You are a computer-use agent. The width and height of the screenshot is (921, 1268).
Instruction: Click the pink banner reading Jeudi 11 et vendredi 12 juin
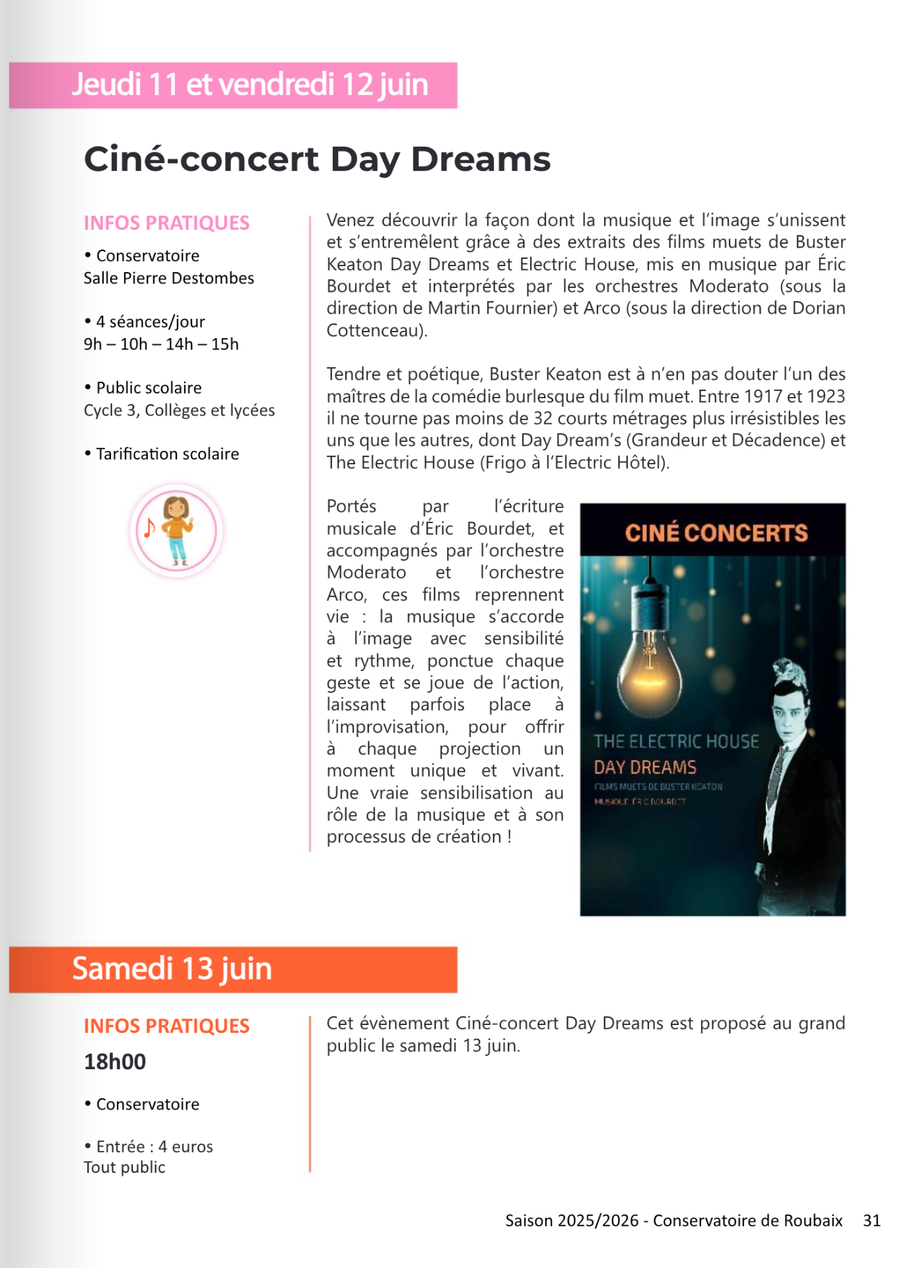point(250,85)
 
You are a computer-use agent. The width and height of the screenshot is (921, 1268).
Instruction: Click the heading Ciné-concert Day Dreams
point(317,160)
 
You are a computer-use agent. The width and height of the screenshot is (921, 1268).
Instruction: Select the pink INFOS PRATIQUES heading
point(166,223)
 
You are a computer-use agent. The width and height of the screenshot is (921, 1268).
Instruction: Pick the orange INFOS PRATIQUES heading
point(166,1026)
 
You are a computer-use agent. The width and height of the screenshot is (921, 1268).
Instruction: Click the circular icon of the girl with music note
point(176,530)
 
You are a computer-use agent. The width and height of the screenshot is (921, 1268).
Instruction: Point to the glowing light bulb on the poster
point(650,667)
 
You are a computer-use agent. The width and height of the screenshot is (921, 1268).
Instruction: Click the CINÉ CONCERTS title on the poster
point(716,533)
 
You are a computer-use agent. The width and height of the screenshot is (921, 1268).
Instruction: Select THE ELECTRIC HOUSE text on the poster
point(676,742)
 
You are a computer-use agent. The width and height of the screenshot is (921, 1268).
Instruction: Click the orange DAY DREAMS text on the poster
point(645,767)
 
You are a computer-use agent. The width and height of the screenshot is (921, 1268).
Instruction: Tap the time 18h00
point(115,1062)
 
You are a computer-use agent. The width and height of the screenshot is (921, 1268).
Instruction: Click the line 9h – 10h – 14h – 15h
point(161,344)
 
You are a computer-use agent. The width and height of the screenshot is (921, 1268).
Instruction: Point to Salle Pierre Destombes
point(169,278)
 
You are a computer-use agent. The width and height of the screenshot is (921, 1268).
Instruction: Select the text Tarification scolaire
point(168,454)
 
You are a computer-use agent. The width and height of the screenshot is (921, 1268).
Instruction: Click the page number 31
point(871,1220)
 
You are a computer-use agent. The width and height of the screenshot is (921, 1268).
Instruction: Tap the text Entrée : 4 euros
point(154,1146)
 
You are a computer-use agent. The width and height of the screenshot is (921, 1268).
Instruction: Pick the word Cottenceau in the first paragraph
point(374,330)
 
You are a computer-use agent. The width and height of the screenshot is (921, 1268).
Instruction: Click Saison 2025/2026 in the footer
point(572,1220)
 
